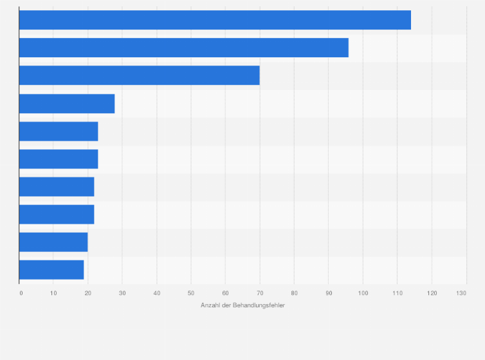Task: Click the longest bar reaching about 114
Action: (215, 20)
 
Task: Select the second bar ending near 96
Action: (183, 48)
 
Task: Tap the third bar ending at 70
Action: (139, 75)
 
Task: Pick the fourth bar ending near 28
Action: (67, 104)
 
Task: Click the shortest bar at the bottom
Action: (51, 270)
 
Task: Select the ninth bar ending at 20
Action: (53, 242)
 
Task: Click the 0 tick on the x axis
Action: (21, 293)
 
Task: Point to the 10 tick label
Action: (53, 293)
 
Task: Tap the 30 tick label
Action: (122, 293)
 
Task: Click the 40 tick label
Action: (157, 293)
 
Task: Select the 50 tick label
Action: (191, 293)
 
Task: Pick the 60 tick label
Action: (225, 293)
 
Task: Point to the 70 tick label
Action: (260, 293)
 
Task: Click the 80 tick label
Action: (294, 293)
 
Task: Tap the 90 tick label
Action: (328, 293)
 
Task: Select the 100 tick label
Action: (363, 293)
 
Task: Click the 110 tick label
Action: (397, 293)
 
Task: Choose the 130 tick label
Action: (461, 293)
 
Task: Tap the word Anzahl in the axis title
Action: (210, 305)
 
